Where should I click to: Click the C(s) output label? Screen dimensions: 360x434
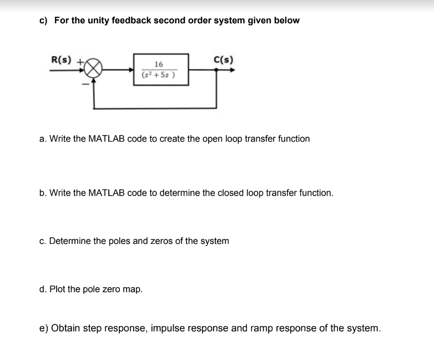223,59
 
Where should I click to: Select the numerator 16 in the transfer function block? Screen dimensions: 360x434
159,64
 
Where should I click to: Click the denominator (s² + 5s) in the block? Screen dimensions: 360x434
159,75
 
